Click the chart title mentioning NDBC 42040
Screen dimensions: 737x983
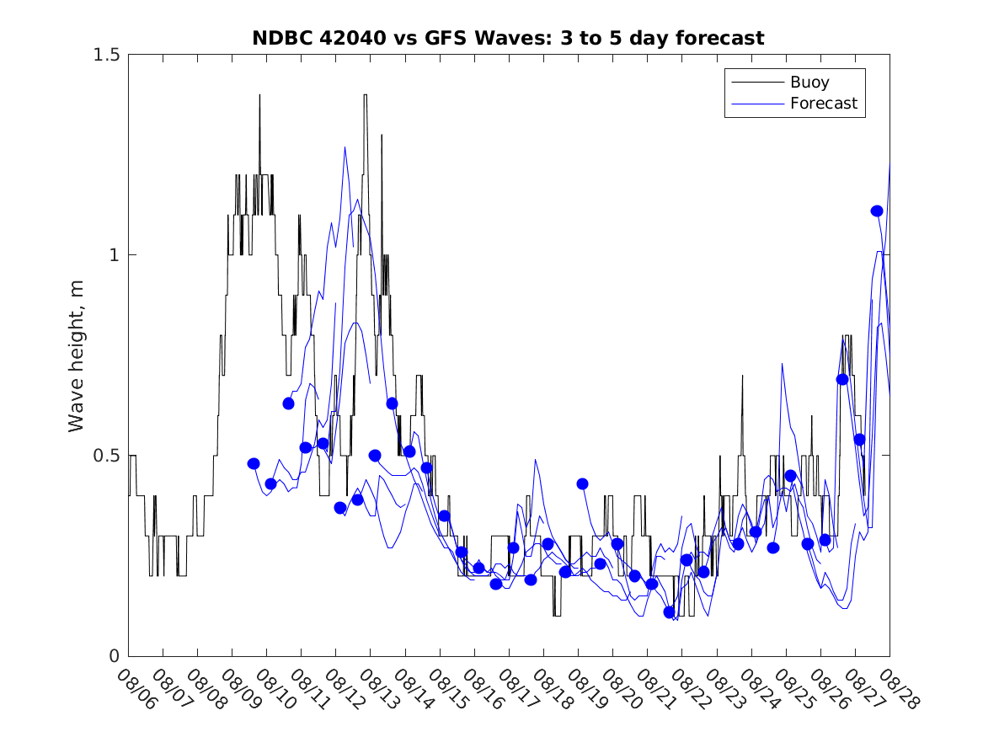[508, 38]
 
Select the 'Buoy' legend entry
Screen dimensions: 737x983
[809, 83]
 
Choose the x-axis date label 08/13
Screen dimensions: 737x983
[378, 690]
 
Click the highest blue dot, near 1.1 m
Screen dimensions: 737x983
[876, 211]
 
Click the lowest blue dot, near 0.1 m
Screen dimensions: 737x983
[670, 612]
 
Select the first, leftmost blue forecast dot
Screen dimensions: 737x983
[254, 463]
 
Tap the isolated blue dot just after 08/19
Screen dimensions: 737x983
[582, 483]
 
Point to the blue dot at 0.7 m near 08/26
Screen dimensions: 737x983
[841, 379]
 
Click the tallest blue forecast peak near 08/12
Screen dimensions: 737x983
[345, 147]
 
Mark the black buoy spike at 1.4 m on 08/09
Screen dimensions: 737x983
[259, 95]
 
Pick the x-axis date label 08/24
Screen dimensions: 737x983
[759, 690]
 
